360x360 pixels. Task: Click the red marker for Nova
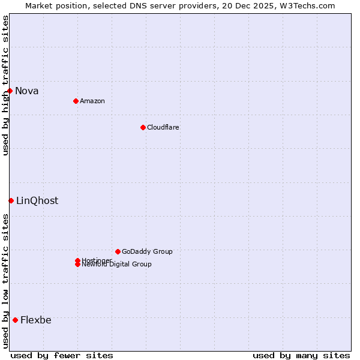pos(10,91)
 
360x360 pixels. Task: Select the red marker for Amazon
pos(76,101)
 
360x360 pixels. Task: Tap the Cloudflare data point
pos(143,127)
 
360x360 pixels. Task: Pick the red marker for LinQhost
pos(11,200)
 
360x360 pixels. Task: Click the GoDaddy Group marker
pos(118,251)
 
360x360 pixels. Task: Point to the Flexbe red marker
pos(15,320)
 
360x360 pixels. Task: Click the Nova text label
pos(27,91)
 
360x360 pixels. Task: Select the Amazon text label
pos(92,101)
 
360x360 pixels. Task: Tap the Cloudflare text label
pos(163,127)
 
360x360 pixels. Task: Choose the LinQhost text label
pos(37,201)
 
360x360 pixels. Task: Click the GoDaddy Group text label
pos(147,251)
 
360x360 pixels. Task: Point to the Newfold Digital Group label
pos(117,265)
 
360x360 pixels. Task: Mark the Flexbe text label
pos(36,320)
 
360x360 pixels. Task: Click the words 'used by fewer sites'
pos(62,355)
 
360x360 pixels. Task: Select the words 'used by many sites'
pos(301,355)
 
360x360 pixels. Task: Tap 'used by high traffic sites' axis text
pos(5,85)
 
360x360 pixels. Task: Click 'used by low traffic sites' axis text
pos(5,281)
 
